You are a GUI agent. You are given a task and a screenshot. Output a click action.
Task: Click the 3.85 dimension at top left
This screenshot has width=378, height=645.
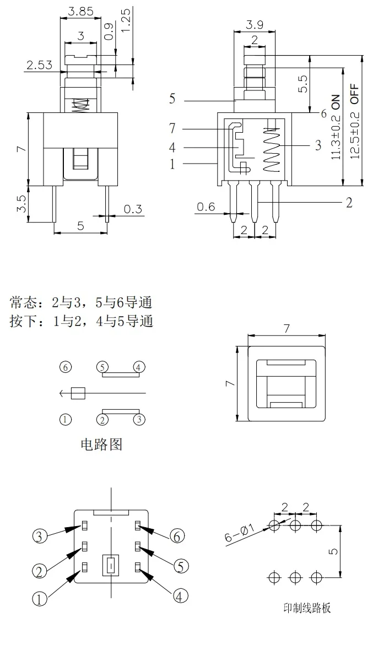point(80,10)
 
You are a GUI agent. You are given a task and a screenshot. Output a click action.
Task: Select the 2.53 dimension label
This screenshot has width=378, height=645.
point(39,66)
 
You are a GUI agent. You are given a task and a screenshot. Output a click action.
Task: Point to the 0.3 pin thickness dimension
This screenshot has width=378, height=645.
point(133,209)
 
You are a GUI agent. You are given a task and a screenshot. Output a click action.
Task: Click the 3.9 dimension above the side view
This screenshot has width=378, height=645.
point(255,24)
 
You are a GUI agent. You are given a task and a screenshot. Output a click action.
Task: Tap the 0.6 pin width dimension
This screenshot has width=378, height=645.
point(206,207)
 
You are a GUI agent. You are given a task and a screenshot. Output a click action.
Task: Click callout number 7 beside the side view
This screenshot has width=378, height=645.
point(172,128)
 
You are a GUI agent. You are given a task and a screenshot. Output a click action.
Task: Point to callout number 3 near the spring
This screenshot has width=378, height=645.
point(318,145)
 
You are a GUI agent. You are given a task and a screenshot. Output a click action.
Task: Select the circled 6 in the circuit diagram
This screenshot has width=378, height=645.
point(66,367)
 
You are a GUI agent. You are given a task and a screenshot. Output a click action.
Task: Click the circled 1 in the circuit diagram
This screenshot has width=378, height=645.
point(66,420)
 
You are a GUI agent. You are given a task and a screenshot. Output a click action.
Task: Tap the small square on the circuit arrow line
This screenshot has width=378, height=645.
point(78,393)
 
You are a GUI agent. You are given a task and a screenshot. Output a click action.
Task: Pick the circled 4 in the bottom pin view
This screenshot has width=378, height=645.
point(181,595)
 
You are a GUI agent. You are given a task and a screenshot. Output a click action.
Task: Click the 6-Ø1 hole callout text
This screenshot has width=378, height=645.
point(240,534)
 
